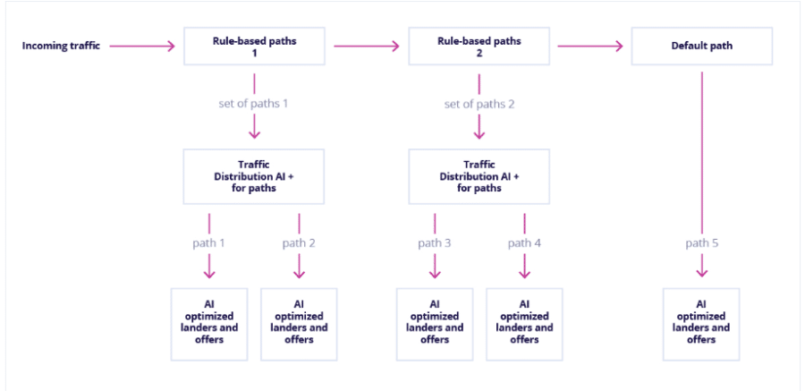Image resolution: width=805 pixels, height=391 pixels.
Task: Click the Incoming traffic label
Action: click(61, 46)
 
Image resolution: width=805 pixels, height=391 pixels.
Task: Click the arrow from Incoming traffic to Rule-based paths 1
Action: click(142, 47)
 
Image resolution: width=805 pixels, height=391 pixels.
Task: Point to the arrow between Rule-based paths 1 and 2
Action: click(367, 47)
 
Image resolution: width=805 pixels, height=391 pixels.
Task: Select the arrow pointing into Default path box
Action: click(590, 47)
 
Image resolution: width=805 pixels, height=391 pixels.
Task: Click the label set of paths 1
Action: click(254, 104)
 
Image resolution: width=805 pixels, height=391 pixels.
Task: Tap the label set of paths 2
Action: click(479, 104)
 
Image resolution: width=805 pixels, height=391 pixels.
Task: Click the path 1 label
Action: click(209, 243)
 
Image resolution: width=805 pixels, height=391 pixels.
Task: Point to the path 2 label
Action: click(299, 243)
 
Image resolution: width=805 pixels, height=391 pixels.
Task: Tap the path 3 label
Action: click(435, 243)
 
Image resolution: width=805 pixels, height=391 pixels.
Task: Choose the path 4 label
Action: click(524, 243)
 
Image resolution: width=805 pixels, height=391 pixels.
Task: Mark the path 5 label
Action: click(702, 243)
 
